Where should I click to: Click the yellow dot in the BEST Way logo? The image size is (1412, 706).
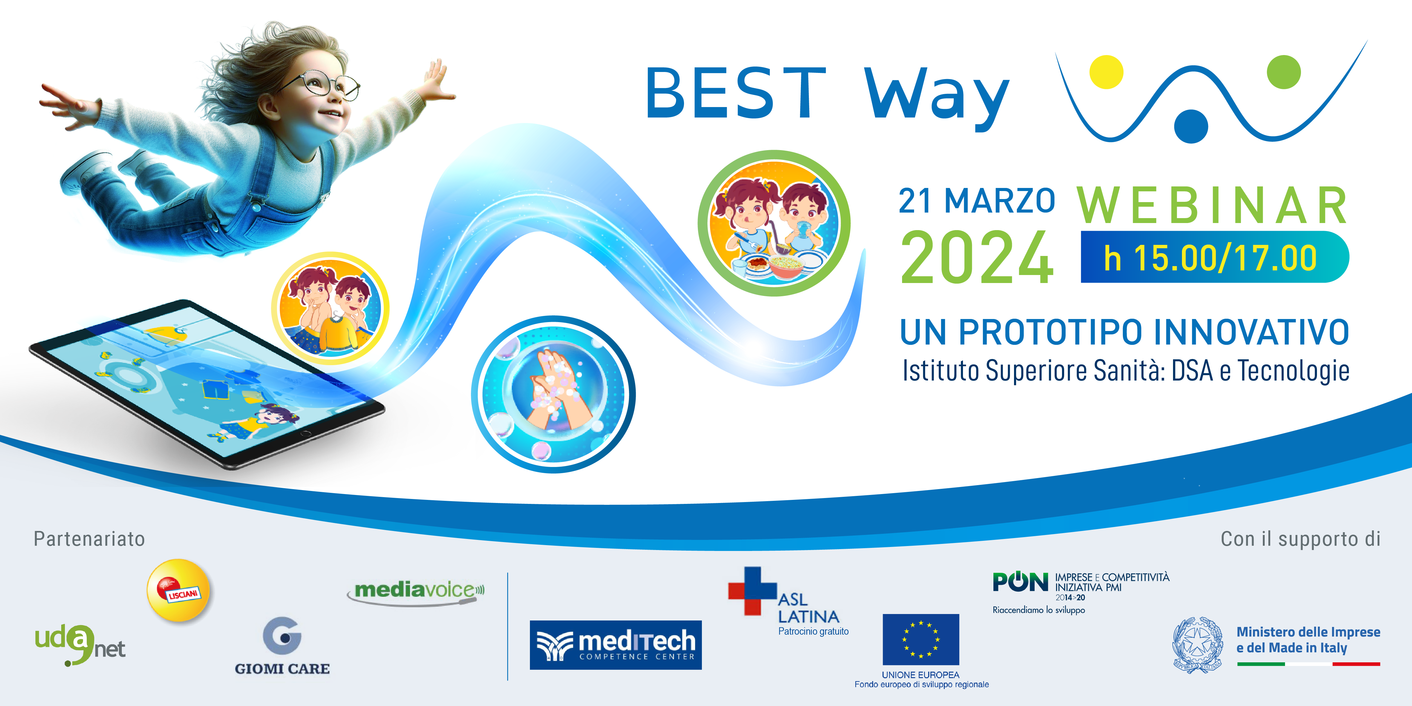pyautogui.click(x=1106, y=72)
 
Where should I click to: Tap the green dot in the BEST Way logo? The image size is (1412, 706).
pyautogui.click(x=1284, y=72)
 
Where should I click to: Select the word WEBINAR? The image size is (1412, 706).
pyautogui.click(x=1212, y=205)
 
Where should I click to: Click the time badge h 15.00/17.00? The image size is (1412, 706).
pyautogui.click(x=1215, y=257)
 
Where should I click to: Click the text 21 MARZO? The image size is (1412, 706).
pyautogui.click(x=977, y=201)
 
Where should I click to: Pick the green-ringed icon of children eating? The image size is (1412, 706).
pyautogui.click(x=774, y=223)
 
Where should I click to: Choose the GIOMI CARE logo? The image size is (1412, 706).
pyautogui.click(x=282, y=647)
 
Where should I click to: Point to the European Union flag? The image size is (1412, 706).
pyautogui.click(x=921, y=639)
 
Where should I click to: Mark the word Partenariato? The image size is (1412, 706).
pyautogui.click(x=89, y=539)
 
